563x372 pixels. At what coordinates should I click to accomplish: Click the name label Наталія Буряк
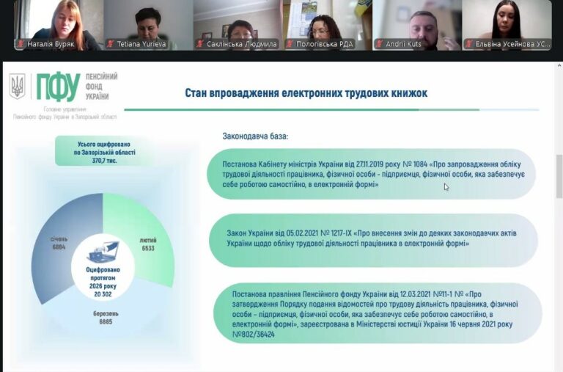pyautogui.click(x=56, y=44)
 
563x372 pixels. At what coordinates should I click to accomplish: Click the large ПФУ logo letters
pyautogui.click(x=58, y=87)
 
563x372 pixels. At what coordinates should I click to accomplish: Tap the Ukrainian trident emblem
pyautogui.click(x=17, y=87)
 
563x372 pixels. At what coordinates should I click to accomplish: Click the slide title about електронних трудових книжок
pyautogui.click(x=306, y=93)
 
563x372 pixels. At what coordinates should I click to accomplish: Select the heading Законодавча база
pyautogui.click(x=255, y=136)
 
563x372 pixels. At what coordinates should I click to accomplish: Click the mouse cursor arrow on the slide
pyautogui.click(x=446, y=187)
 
